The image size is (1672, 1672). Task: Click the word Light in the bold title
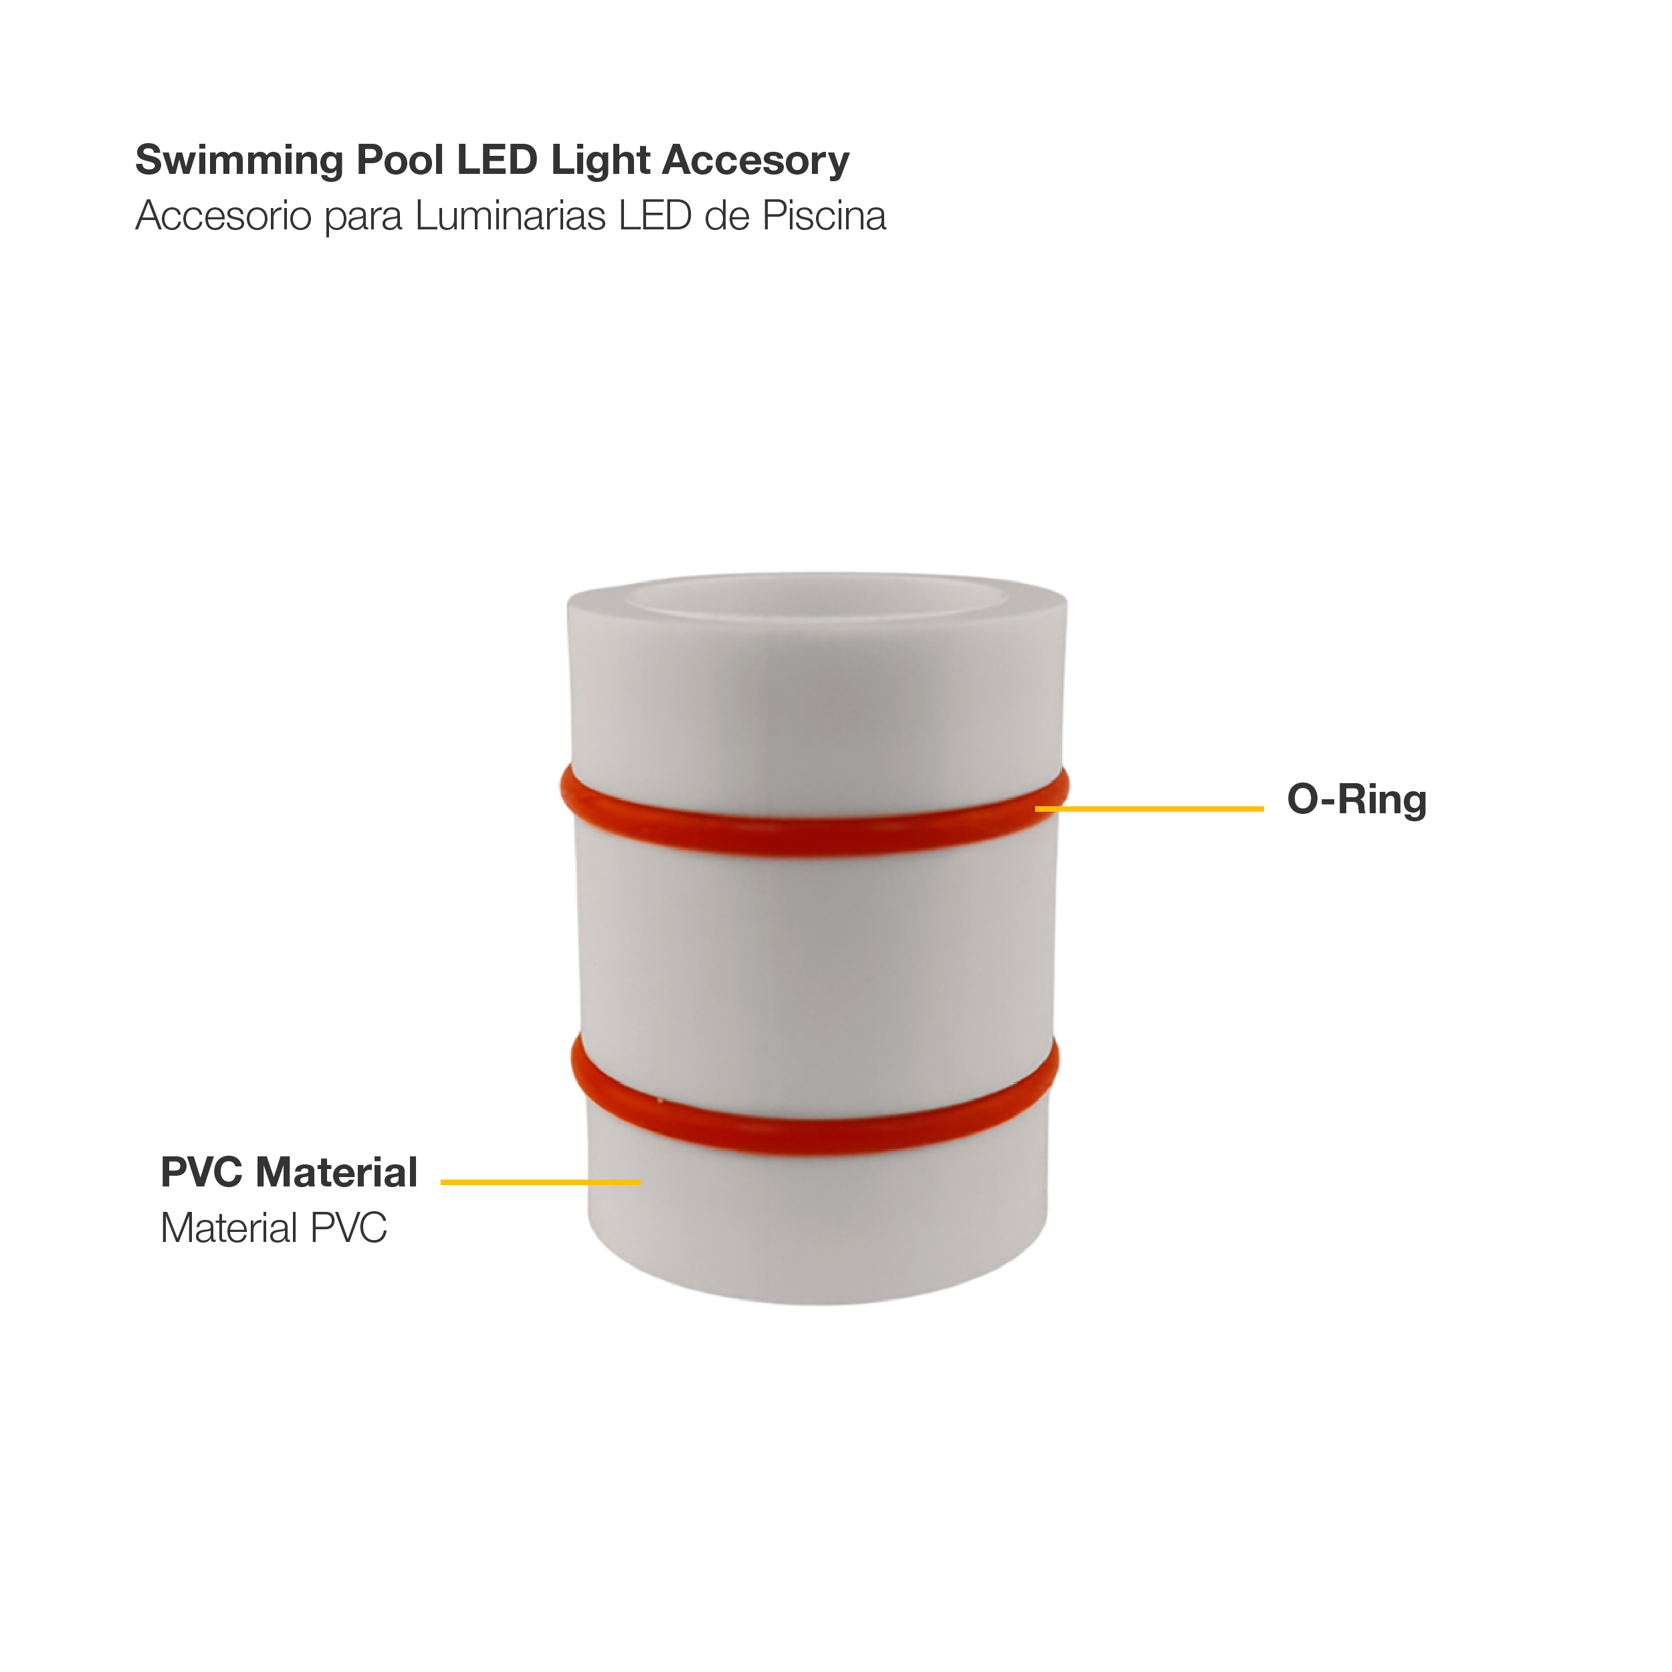click(x=601, y=161)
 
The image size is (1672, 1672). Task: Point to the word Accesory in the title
click(x=756, y=161)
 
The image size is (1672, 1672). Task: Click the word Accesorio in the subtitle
click(x=223, y=216)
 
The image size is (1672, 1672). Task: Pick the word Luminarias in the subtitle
click(x=510, y=216)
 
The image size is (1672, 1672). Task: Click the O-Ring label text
click(x=1356, y=800)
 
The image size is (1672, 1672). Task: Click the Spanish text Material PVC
click(x=274, y=1228)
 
